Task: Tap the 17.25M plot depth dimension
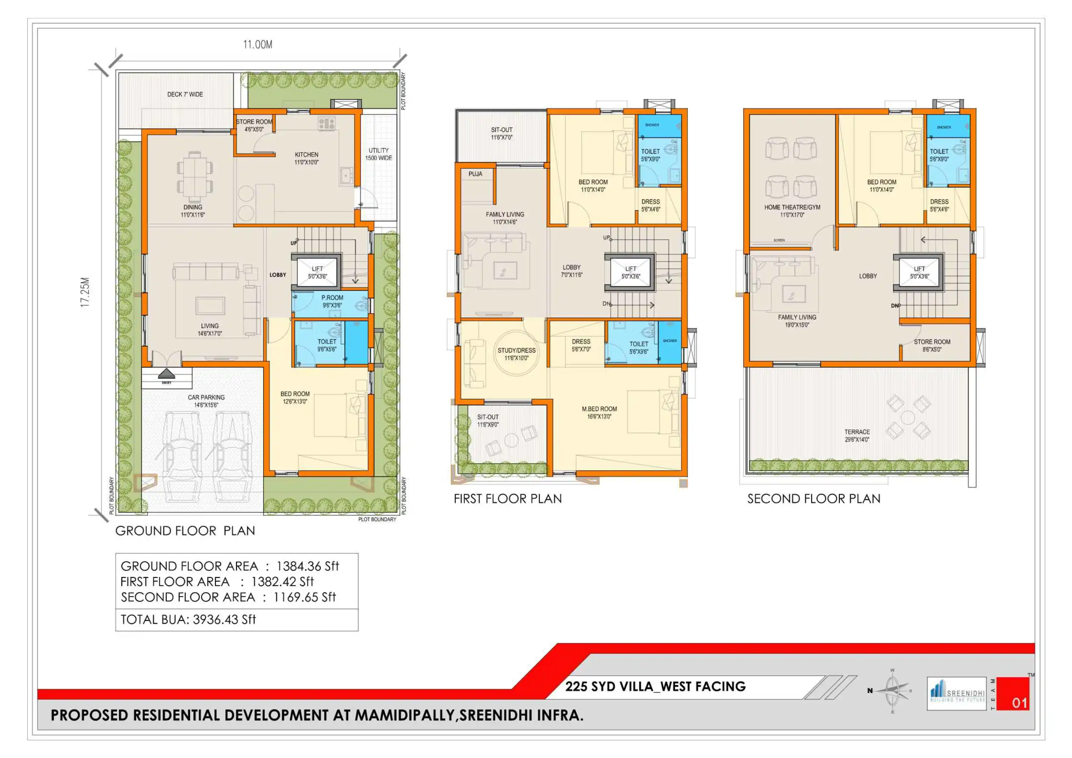click(x=84, y=292)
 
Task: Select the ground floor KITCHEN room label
click(x=306, y=158)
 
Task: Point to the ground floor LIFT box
click(x=317, y=272)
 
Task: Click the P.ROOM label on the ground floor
click(x=332, y=301)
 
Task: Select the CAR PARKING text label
click(x=206, y=401)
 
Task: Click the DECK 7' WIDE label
click(x=185, y=94)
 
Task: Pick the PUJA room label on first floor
click(x=476, y=174)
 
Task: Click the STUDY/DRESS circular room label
click(x=516, y=354)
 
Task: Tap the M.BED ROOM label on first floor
click(x=599, y=412)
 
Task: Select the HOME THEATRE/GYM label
click(x=792, y=211)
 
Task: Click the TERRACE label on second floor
click(x=857, y=435)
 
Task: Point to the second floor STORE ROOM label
click(x=932, y=345)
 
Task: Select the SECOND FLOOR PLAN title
click(x=813, y=499)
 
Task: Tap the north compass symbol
click(x=892, y=691)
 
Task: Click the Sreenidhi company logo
click(x=957, y=693)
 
